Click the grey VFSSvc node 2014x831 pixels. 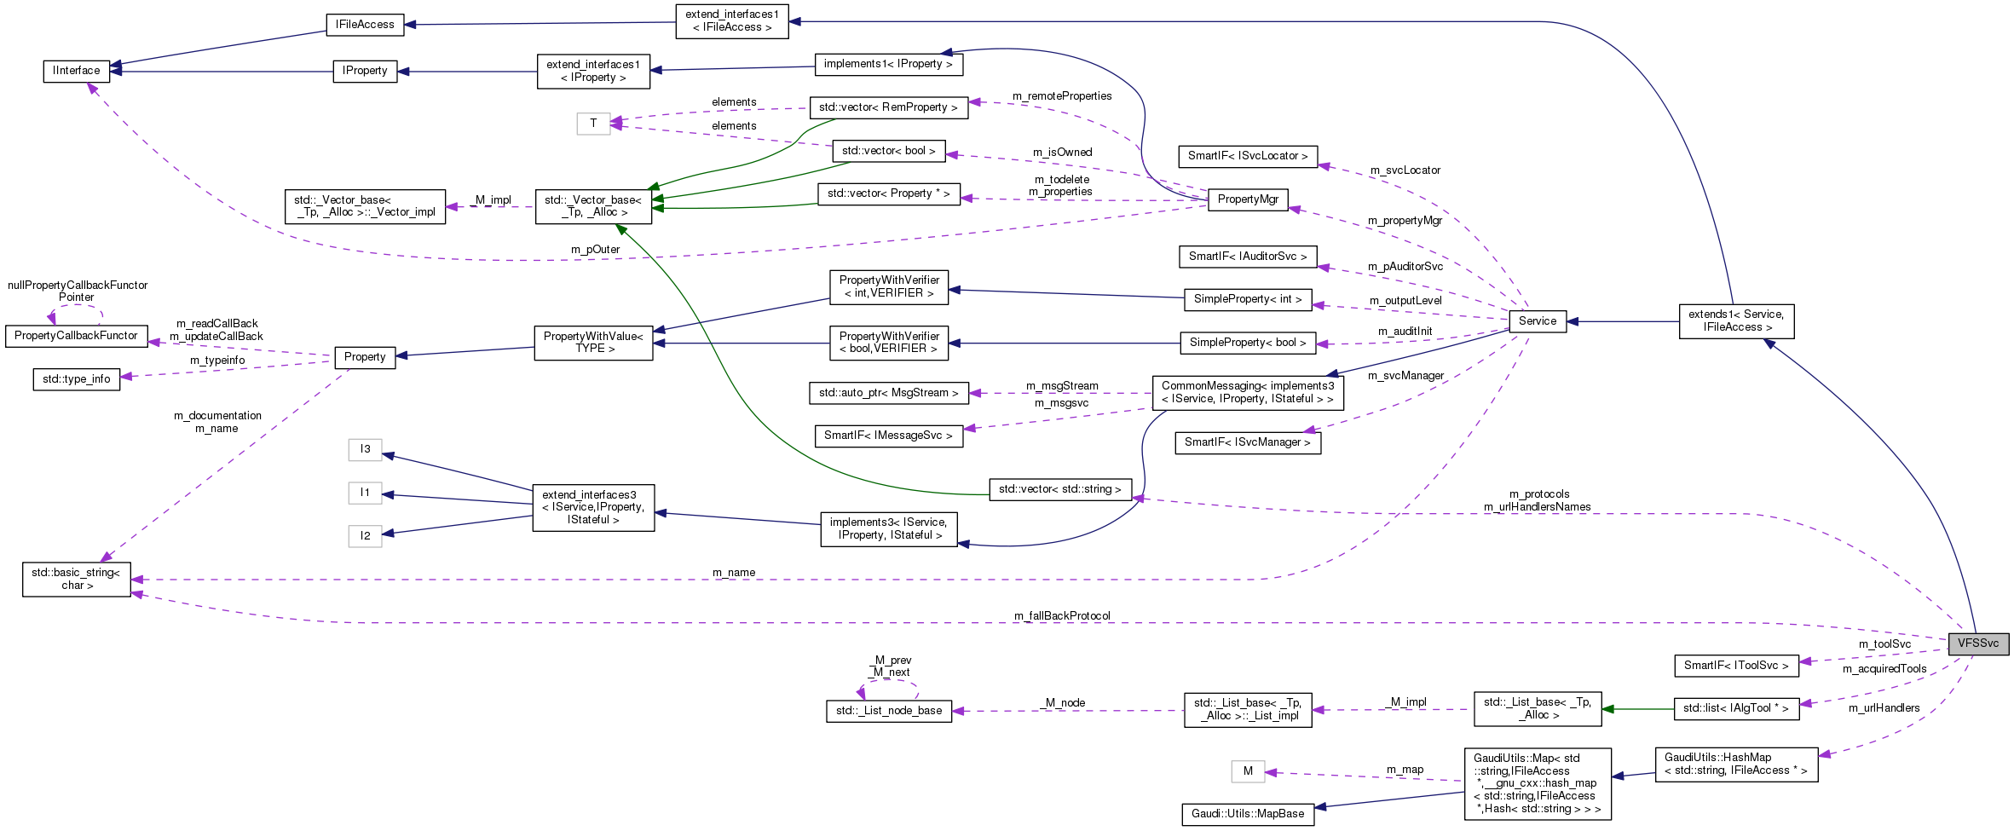click(x=1977, y=643)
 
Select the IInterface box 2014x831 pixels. click(x=76, y=71)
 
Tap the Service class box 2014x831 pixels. click(x=1537, y=321)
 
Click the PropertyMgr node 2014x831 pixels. click(x=1248, y=199)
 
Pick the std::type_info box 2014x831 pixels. click(x=77, y=379)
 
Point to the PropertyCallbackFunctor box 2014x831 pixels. click(x=76, y=336)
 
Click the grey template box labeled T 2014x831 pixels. click(x=593, y=124)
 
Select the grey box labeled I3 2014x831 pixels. click(x=365, y=449)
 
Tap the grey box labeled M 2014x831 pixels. click(x=1248, y=771)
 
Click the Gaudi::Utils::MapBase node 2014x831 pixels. click(x=1248, y=814)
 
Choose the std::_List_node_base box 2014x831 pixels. click(x=889, y=711)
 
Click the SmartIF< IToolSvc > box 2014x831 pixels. click(x=1736, y=666)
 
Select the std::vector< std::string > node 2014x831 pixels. click(x=1059, y=489)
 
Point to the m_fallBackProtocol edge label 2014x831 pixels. click(x=1062, y=616)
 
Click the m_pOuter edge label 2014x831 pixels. click(x=595, y=250)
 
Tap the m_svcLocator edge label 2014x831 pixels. click(x=1405, y=170)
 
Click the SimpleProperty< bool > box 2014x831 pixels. click(x=1248, y=343)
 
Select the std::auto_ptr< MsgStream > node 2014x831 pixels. click(x=888, y=393)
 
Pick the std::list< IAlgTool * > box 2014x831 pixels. click(x=1736, y=708)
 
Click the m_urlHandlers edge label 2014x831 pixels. click(x=1884, y=708)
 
